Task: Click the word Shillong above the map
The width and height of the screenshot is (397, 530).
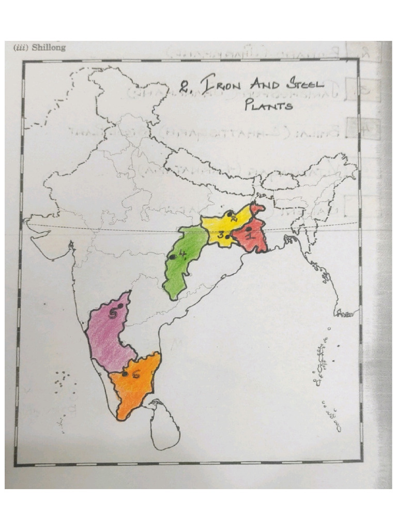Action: (x=49, y=48)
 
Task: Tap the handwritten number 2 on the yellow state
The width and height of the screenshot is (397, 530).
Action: (x=234, y=218)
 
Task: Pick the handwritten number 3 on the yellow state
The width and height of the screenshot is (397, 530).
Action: (x=221, y=234)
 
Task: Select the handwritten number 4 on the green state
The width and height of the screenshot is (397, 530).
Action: (x=181, y=254)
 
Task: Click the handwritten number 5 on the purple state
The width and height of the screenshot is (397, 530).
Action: (x=114, y=312)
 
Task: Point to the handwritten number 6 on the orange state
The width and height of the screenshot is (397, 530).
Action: (x=135, y=375)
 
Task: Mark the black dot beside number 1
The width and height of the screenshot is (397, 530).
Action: (x=249, y=228)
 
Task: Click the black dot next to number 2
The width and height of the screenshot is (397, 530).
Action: (x=228, y=213)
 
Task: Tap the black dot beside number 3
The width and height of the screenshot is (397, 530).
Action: (x=227, y=237)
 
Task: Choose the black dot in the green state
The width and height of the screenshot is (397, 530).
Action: (x=171, y=257)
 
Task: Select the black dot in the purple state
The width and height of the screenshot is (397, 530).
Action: (x=119, y=307)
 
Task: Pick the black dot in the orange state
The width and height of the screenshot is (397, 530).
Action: (x=125, y=373)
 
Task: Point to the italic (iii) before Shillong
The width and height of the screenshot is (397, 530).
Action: (x=21, y=48)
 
